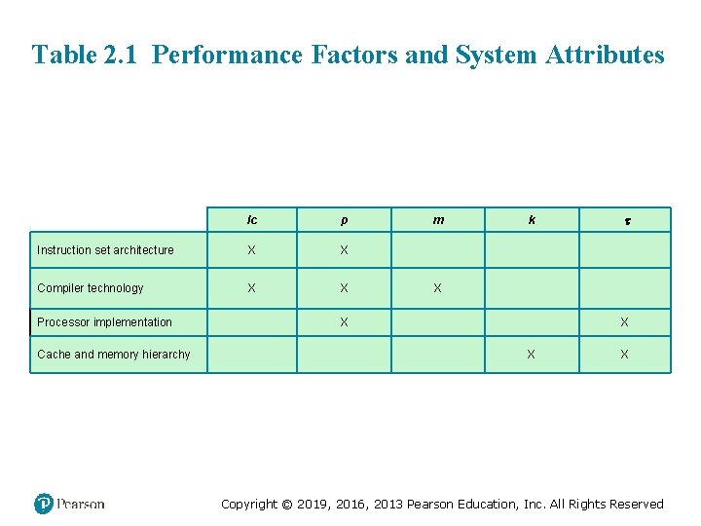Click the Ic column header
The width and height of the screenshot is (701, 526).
252,220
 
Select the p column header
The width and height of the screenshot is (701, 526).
344,220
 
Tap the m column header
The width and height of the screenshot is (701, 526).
438,220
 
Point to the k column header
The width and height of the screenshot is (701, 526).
532,220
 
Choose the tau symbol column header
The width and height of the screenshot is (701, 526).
625,222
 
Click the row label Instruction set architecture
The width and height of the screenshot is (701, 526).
105,250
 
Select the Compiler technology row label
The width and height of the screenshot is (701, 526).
90,288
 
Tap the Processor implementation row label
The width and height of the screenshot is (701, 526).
104,322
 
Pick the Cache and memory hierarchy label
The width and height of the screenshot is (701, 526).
114,355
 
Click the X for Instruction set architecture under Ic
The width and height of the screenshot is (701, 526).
251,250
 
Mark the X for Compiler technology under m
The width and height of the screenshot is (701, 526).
437,288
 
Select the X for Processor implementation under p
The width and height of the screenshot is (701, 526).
344,322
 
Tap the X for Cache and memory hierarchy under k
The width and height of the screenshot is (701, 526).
531,355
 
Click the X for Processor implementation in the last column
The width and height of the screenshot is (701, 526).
624,322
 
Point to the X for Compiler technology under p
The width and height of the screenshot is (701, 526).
344,288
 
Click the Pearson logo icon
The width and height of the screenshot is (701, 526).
43,504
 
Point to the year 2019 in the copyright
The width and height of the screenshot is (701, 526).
313,505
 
